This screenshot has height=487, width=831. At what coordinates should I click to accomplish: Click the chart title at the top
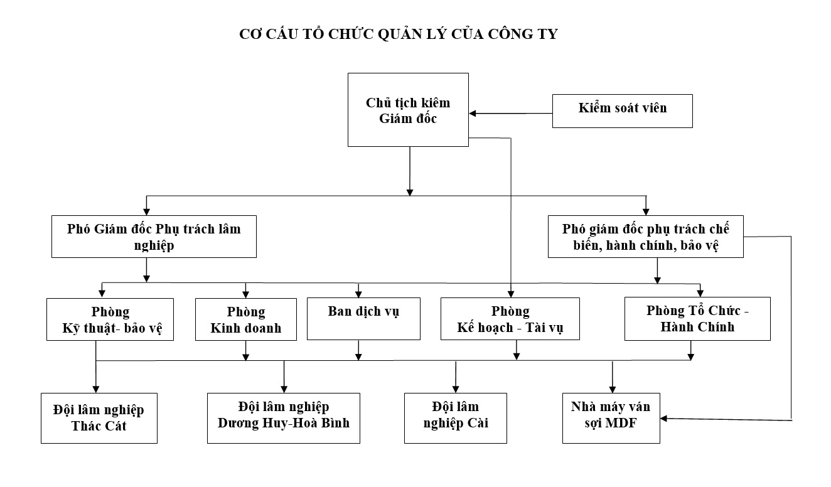coord(399,35)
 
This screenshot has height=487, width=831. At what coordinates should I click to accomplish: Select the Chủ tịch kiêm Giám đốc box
coord(408,110)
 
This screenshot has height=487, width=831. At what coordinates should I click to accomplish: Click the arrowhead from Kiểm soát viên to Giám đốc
coord(474,114)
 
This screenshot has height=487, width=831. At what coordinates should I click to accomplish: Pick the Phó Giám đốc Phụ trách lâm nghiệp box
coord(154,237)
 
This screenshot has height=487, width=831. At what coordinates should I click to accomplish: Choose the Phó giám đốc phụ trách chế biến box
coord(645,237)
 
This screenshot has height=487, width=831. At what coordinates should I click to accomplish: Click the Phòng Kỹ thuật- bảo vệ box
coord(109,319)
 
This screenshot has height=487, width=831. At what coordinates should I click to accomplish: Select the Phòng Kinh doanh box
coord(245,319)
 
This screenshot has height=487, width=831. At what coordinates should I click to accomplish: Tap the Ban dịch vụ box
coord(363,318)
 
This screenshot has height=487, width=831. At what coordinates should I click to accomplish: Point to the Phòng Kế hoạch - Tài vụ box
coord(510,319)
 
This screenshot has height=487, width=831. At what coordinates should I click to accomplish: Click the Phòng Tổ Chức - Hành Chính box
coord(697,318)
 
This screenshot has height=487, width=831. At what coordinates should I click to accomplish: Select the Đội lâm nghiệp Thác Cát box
coord(99,418)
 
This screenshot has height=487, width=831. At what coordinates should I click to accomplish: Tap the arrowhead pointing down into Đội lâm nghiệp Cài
coord(456,388)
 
